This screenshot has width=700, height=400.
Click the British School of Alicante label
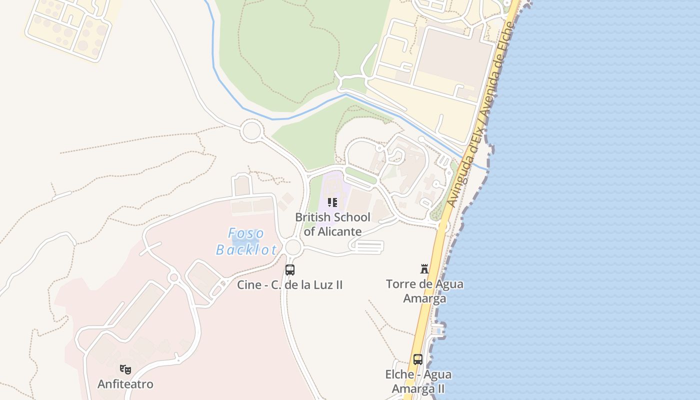(332, 224)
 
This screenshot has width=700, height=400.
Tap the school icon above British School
(332, 202)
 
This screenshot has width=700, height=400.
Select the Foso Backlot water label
(246, 241)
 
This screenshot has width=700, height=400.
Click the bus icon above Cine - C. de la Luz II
(290, 270)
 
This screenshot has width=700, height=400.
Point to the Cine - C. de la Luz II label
(290, 285)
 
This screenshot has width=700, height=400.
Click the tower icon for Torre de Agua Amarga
(424, 269)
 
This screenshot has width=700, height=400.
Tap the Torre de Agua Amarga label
(424, 291)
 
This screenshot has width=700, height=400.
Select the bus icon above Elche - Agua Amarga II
(417, 359)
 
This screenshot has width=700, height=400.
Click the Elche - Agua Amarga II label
(418, 381)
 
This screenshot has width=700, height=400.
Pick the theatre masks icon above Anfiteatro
(125, 369)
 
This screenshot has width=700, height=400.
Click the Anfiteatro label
(125, 384)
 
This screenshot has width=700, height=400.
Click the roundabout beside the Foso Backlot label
(293, 246)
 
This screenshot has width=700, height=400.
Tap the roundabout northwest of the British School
(251, 131)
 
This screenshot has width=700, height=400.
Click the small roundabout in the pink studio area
(174, 277)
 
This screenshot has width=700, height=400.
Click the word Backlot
(246, 249)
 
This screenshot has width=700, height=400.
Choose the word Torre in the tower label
(399, 284)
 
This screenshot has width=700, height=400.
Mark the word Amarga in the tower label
(424, 298)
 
